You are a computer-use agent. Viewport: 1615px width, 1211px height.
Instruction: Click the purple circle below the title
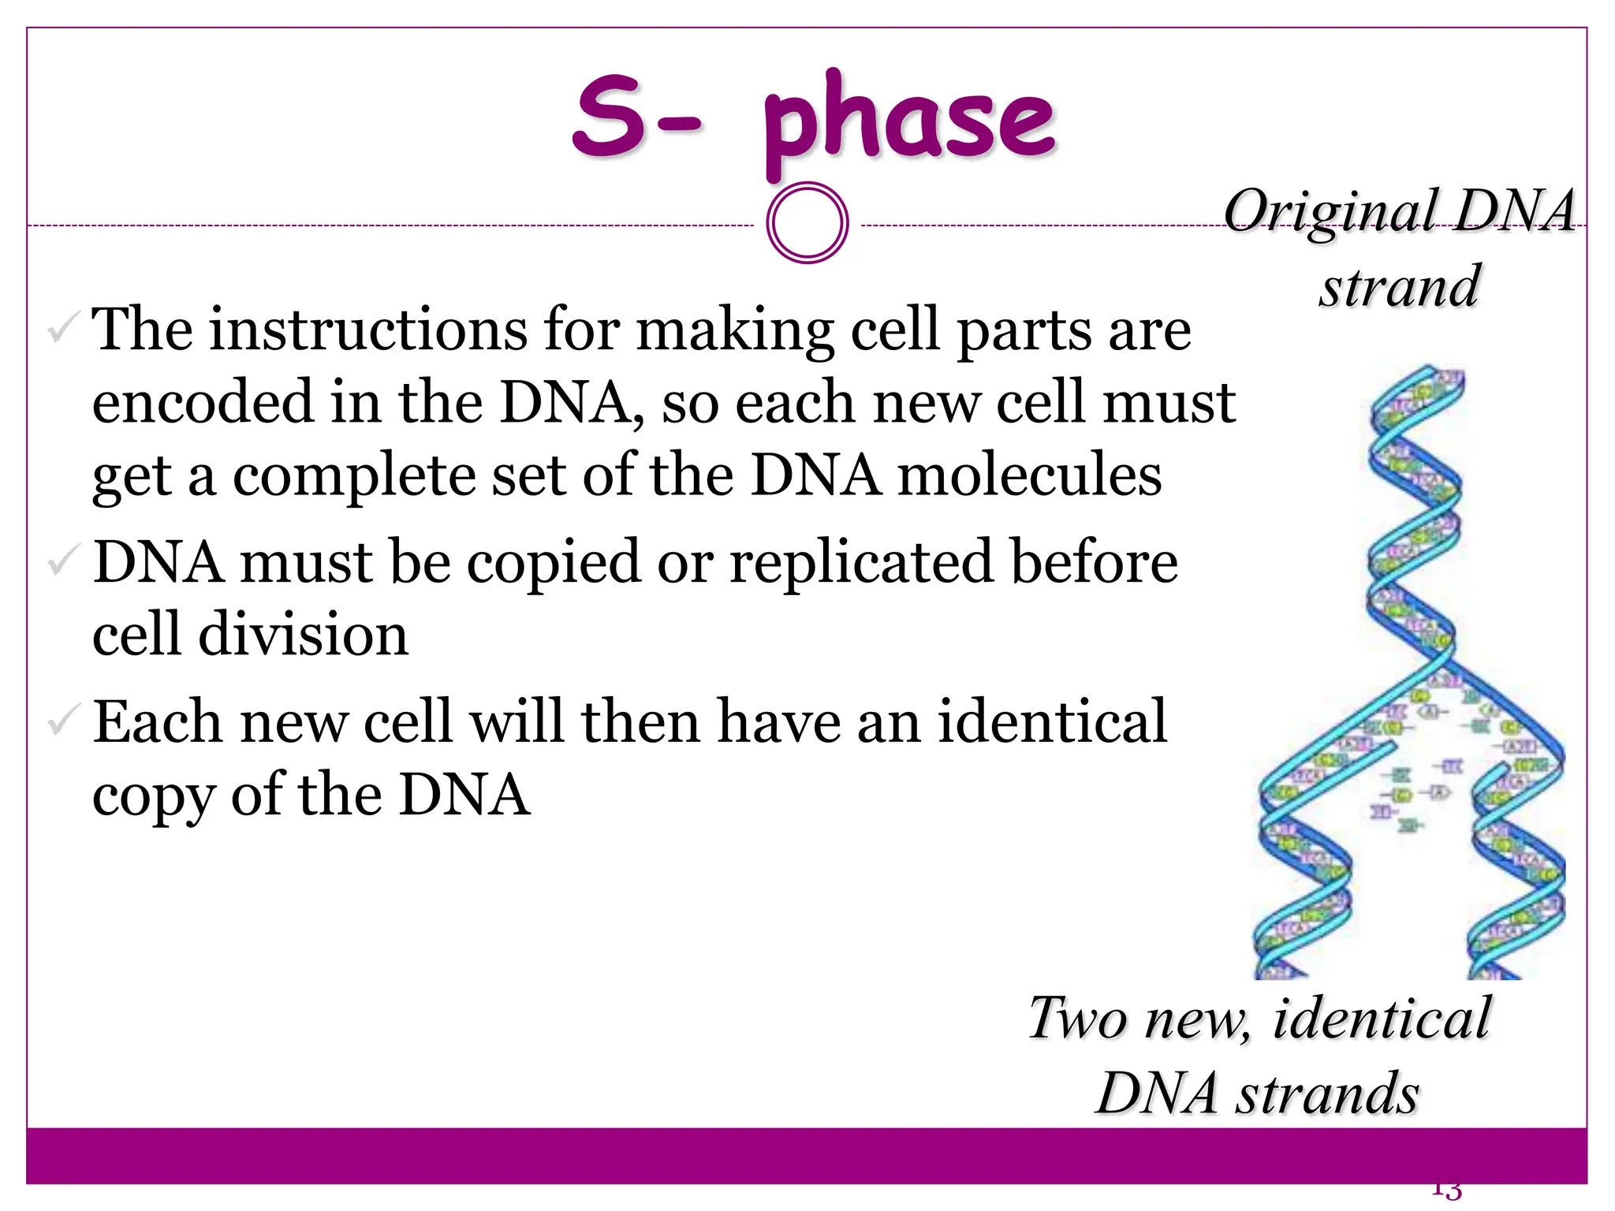point(807,222)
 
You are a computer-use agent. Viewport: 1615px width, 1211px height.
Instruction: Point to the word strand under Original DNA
point(1400,286)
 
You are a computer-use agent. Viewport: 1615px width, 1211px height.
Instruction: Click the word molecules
point(1029,475)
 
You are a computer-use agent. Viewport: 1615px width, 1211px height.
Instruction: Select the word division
point(304,635)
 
